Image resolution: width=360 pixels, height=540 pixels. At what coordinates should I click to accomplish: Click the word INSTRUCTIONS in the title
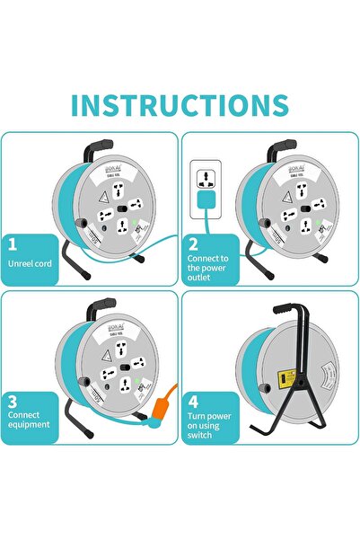click(180, 104)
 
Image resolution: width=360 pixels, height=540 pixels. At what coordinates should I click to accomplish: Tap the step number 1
click(13, 243)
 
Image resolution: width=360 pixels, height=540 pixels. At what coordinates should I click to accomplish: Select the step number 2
click(193, 243)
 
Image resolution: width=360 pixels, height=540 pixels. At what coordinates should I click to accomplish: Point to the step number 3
click(13, 401)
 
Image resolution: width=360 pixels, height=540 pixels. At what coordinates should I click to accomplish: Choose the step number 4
click(193, 401)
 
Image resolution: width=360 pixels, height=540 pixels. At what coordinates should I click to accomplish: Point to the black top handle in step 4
click(278, 306)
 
